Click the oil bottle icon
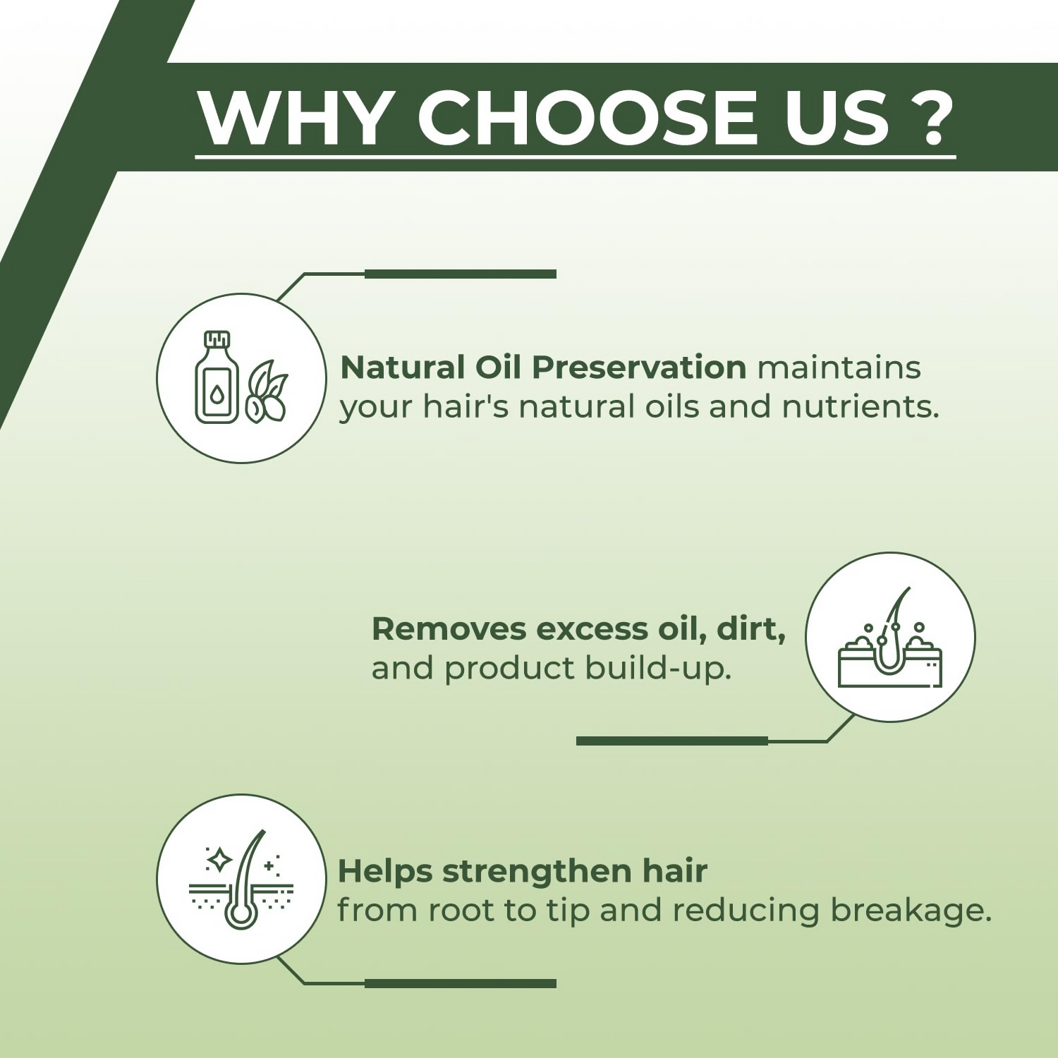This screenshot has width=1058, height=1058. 216,377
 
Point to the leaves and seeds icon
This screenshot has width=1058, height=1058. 266,391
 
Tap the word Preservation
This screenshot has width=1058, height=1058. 639,367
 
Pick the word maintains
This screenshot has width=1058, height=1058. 839,367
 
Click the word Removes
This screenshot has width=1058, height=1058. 449,629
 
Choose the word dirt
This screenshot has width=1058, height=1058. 751,629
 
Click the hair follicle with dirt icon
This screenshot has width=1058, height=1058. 890,638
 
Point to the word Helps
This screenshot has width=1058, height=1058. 385,872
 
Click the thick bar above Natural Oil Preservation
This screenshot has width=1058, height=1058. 461,274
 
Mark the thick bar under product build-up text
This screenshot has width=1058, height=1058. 672,741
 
